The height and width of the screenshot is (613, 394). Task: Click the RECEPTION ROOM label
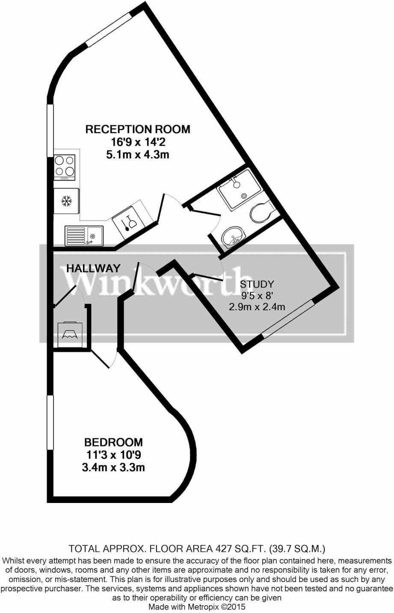tap(138, 129)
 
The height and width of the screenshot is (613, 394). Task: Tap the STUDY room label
tap(257, 284)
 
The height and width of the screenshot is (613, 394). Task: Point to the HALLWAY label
tap(94, 268)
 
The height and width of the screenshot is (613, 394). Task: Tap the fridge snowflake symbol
tap(66, 201)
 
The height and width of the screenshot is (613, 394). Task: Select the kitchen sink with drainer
tap(84, 235)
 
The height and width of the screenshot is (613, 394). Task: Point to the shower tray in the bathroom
tap(239, 189)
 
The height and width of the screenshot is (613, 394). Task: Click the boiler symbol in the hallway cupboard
tap(70, 335)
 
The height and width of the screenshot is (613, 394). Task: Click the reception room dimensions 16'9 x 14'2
tap(138, 142)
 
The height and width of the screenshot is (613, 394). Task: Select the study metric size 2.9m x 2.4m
tap(257, 307)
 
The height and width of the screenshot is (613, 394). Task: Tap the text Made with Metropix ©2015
tap(197, 607)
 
